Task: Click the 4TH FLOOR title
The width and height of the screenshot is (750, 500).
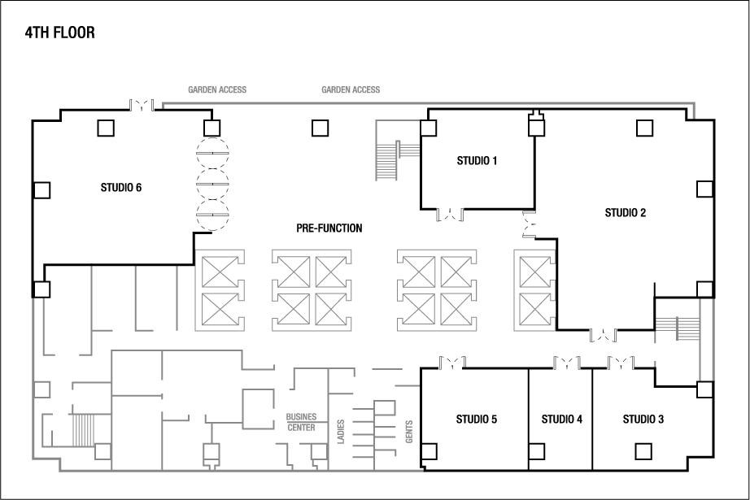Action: pos(60,33)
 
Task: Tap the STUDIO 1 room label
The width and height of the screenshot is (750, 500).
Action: pos(477,161)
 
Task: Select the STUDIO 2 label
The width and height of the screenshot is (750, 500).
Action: pos(626,213)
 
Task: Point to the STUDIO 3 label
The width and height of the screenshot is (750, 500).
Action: pos(643,420)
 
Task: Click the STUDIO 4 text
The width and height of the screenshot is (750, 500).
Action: pos(561,420)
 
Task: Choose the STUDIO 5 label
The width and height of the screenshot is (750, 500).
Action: pos(477,420)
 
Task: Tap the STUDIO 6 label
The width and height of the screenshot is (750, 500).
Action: pos(121,187)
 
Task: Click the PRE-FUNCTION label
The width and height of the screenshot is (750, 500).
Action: pos(329,228)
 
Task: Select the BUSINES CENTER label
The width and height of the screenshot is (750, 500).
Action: pos(301,422)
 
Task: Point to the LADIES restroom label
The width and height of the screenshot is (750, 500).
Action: pos(341,432)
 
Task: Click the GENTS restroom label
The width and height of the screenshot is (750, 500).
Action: pos(409,432)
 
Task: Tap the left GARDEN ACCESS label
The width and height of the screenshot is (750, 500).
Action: pos(217,89)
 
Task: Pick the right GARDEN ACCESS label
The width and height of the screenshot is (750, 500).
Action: pos(351,89)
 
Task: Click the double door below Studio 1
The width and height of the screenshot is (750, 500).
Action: pos(450,215)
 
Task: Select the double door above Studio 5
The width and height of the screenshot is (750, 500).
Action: pos(452,363)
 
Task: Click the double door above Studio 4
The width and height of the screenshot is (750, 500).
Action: pos(567,363)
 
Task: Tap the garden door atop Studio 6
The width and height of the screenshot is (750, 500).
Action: pos(142,105)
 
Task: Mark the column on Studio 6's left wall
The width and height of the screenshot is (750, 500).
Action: pos(42,189)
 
